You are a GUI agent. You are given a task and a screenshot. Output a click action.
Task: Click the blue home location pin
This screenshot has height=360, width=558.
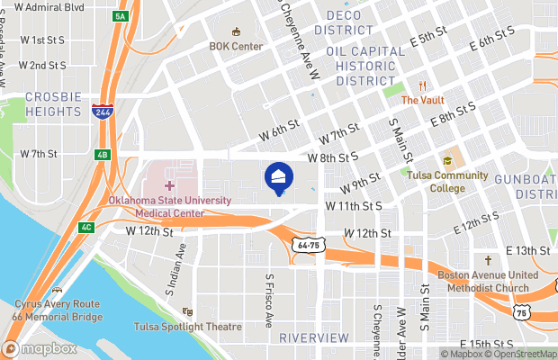(279, 178)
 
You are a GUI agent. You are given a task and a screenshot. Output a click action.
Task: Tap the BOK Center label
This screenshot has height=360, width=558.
(235, 46)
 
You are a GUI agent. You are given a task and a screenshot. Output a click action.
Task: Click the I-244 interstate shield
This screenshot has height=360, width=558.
(102, 111)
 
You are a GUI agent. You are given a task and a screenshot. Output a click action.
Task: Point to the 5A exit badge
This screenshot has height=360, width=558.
(121, 17)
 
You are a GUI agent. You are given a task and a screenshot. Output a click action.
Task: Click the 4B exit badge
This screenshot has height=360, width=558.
(103, 155)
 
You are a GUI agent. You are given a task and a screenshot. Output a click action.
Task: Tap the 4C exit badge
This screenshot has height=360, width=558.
(86, 227)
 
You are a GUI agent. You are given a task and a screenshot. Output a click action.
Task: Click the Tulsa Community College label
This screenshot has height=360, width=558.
(447, 181)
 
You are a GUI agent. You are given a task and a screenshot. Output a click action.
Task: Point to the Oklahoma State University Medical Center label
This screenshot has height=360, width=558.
(170, 206)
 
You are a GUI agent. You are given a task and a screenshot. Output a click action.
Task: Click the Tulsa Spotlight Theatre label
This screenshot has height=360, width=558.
(188, 327)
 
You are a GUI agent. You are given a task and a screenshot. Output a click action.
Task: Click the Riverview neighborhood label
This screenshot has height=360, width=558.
(313, 337)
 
